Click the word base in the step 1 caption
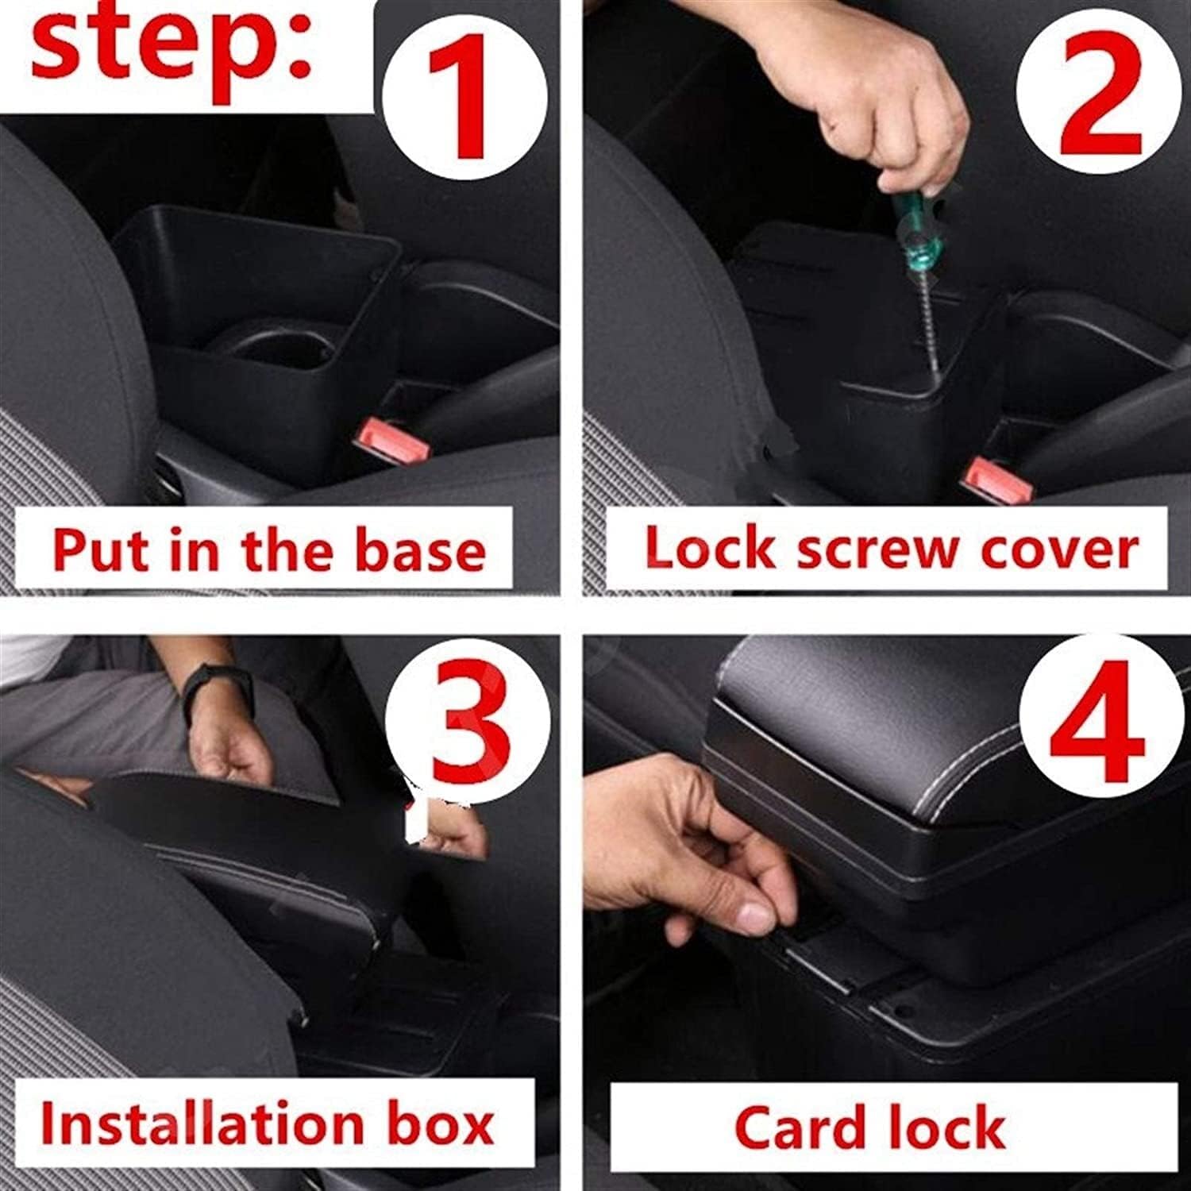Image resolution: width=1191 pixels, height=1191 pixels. pos(420,550)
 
